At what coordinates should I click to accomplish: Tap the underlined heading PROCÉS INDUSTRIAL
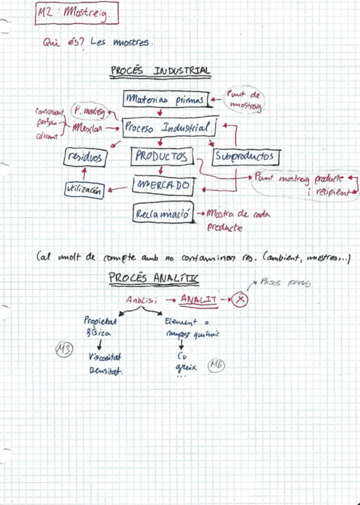point(160,71)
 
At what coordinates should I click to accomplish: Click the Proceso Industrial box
point(169,127)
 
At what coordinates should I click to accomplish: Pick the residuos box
point(85,157)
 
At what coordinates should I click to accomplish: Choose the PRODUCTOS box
point(162,157)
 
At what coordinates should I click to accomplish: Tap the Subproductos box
point(246,157)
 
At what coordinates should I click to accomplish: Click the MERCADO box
point(162,185)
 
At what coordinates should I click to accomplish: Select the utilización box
point(84,190)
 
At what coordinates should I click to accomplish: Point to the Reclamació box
point(164,213)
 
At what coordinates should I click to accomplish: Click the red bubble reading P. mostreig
point(87,111)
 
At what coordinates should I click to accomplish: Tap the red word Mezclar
point(86,127)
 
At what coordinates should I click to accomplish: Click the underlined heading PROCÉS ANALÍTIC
point(154,278)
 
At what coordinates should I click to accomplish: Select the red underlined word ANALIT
point(199,300)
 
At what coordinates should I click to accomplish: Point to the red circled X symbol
point(239,300)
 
